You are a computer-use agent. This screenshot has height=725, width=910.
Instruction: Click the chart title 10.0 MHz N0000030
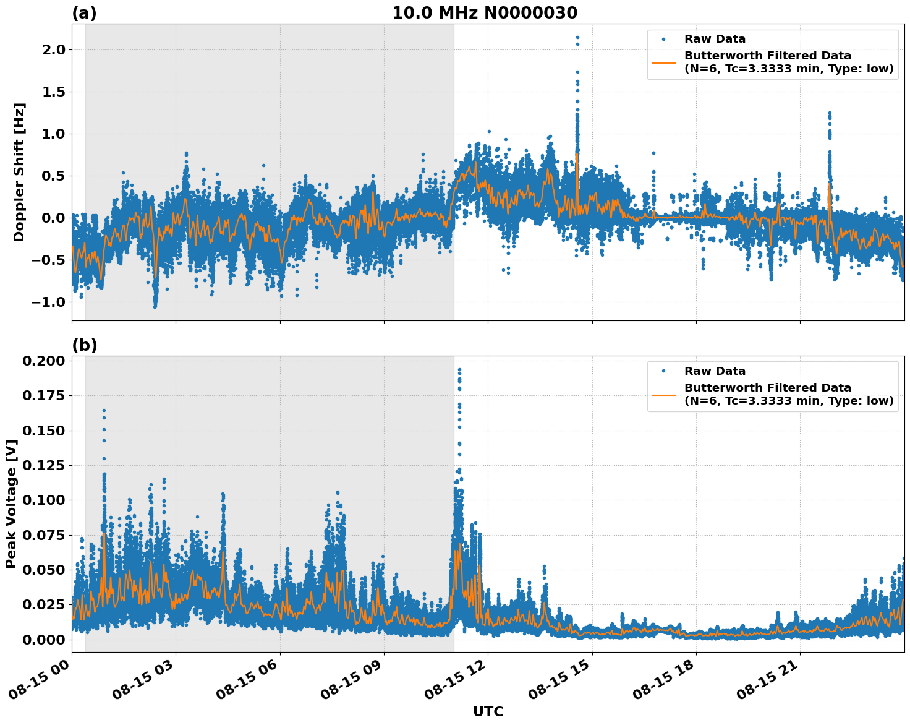point(485,13)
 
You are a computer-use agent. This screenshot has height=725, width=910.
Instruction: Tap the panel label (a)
point(84,13)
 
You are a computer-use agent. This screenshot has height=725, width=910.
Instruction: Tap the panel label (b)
point(84,345)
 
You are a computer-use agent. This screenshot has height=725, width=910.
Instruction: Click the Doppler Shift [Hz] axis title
point(19,172)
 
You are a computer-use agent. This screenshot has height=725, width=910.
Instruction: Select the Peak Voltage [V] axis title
point(11,504)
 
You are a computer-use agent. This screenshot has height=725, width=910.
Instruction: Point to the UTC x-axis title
point(488,711)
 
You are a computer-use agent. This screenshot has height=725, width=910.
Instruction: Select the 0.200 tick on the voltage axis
point(43,361)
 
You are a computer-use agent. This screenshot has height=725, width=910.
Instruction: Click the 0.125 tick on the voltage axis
point(43,465)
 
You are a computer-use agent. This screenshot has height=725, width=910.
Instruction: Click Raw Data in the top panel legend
point(715,39)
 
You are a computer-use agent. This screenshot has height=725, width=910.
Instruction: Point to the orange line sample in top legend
point(663,62)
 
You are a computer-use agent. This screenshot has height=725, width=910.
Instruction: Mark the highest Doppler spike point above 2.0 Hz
point(577,38)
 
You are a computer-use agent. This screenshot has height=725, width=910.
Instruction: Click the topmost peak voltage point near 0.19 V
point(459,370)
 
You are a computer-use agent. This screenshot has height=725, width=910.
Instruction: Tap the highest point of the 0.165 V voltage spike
point(104,410)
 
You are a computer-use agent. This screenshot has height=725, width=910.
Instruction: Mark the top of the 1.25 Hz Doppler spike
point(830,113)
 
